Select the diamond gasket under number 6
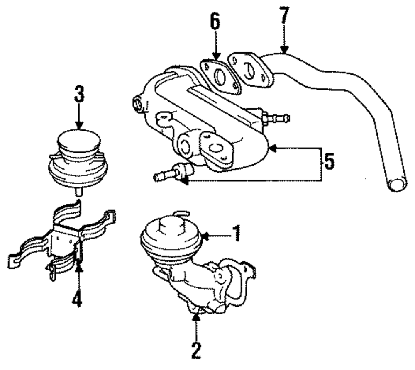pos(220,76)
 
